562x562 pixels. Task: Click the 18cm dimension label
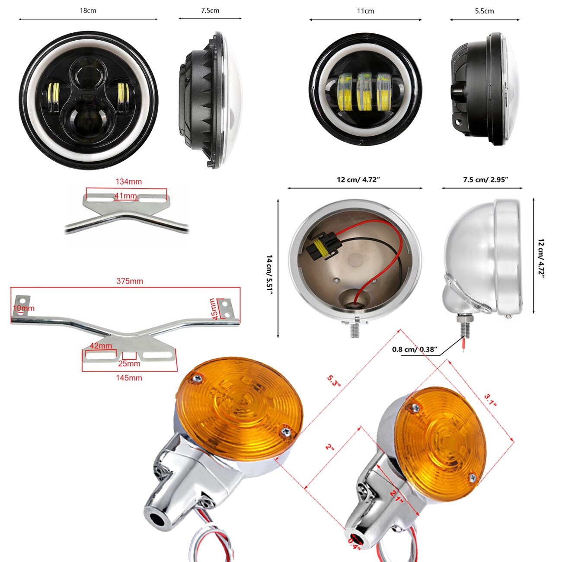click(x=88, y=11)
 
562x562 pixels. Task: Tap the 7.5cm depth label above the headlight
click(x=210, y=11)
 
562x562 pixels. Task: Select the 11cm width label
click(x=365, y=11)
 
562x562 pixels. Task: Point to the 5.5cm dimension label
click(x=484, y=11)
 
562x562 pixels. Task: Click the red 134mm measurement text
click(x=128, y=182)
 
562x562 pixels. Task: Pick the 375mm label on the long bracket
click(x=129, y=281)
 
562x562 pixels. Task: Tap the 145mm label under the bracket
click(x=129, y=378)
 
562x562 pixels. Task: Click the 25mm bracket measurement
click(x=129, y=364)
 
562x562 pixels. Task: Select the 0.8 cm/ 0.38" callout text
click(x=415, y=349)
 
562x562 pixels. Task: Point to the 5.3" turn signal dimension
click(x=334, y=381)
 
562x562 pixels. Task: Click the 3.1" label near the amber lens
click(x=490, y=400)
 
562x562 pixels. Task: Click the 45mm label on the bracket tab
click(x=213, y=309)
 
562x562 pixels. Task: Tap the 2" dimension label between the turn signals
click(x=330, y=447)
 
